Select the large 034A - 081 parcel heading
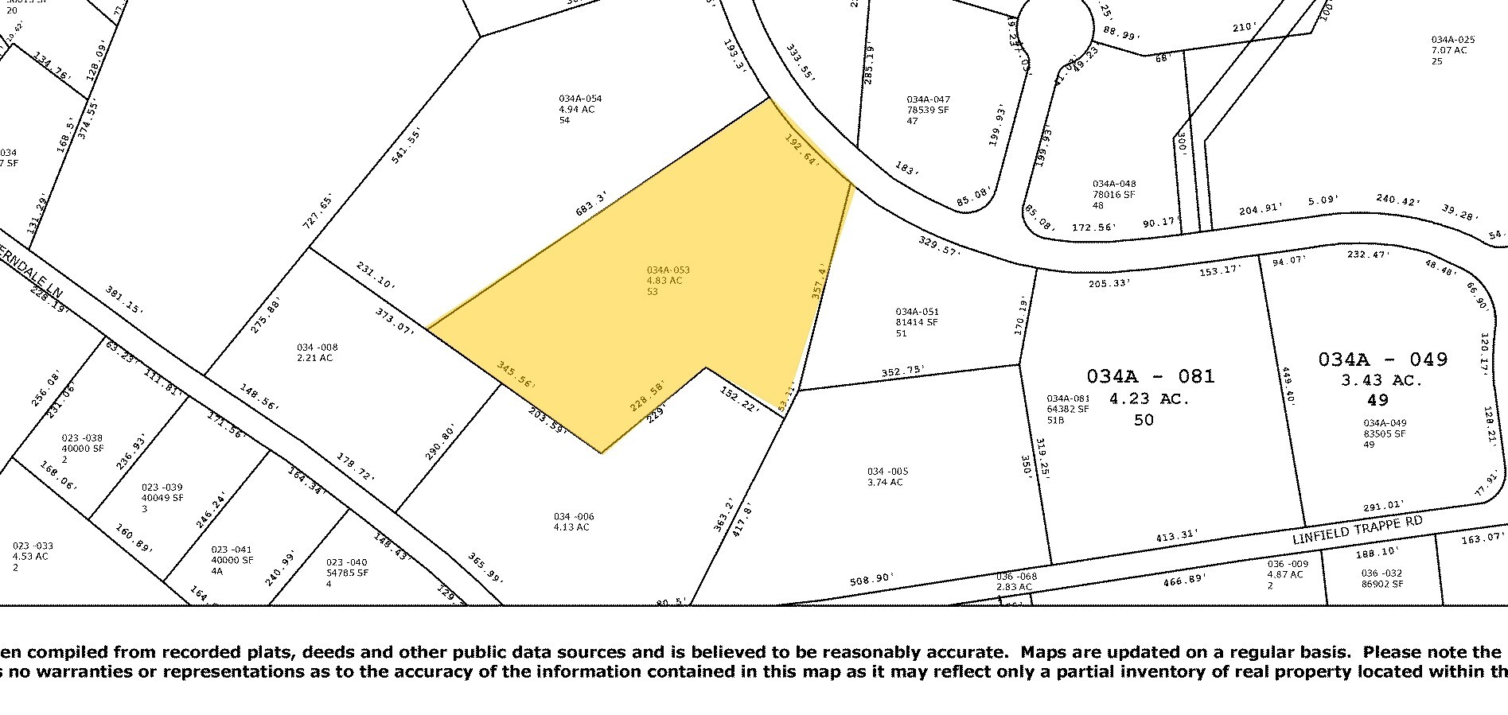1150,376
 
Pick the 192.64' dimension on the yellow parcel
801,149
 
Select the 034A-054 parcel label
580,99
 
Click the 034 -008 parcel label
317,348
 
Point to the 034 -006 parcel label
573,517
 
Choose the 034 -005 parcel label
887,472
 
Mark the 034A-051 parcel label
917,312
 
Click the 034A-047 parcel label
928,100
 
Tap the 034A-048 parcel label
1114,184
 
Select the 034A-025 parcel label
1453,40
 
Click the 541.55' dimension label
406,146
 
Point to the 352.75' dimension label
903,370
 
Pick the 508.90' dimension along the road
871,578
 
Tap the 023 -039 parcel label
162,465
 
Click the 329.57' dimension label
939,245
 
